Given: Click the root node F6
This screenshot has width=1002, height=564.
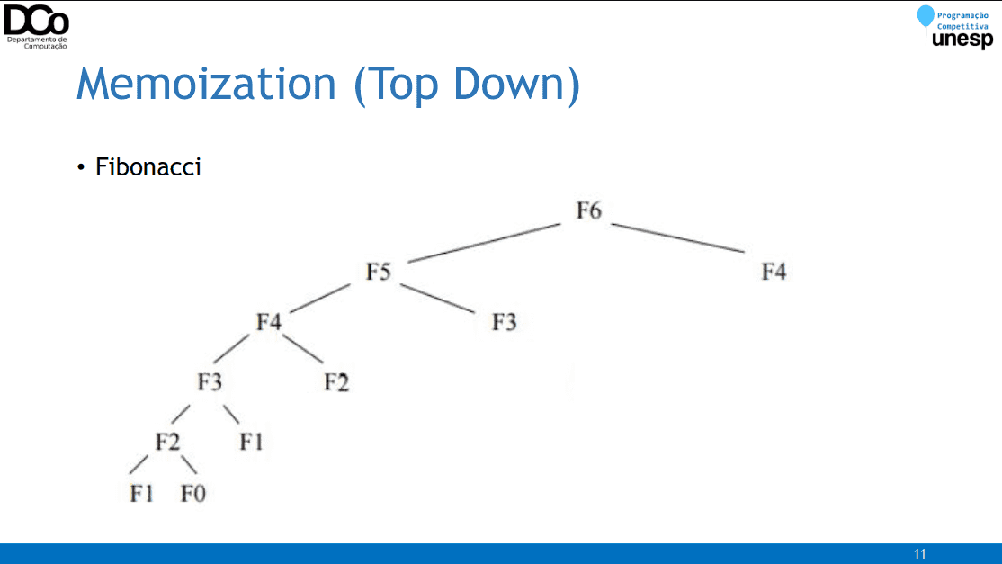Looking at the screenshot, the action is (x=588, y=210).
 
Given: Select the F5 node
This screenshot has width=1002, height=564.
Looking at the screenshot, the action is (x=379, y=272).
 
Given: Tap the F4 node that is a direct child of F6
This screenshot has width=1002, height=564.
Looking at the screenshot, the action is (x=774, y=272).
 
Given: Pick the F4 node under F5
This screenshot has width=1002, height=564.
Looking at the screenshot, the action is (x=269, y=321).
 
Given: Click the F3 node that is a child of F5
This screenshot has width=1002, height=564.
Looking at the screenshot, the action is (x=505, y=321).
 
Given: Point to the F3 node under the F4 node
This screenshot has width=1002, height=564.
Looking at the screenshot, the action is (x=210, y=382).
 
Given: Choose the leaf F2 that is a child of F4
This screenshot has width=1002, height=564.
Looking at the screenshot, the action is (x=336, y=382).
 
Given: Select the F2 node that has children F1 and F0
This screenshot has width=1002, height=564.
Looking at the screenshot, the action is (x=167, y=442).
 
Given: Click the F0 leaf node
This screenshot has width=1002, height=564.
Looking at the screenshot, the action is (x=193, y=493).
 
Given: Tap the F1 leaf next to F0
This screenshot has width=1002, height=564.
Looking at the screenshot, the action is (x=142, y=493).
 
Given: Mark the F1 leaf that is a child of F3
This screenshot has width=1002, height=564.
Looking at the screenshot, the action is (x=251, y=442).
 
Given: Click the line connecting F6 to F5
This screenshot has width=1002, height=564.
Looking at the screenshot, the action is (x=484, y=243).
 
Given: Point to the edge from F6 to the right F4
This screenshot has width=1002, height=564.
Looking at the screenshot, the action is (x=678, y=237).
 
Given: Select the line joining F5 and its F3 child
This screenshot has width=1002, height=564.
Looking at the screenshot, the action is (x=438, y=299).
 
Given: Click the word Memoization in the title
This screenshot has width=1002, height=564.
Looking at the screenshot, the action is (x=206, y=83).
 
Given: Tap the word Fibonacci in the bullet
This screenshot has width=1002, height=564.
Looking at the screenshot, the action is (x=148, y=166).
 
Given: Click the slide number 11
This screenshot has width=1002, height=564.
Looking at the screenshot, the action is (x=919, y=554).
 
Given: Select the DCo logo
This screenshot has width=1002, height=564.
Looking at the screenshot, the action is (x=36, y=25).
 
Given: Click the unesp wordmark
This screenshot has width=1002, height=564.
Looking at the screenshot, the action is (x=962, y=40).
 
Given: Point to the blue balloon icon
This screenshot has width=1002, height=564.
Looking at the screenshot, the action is (x=926, y=16).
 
